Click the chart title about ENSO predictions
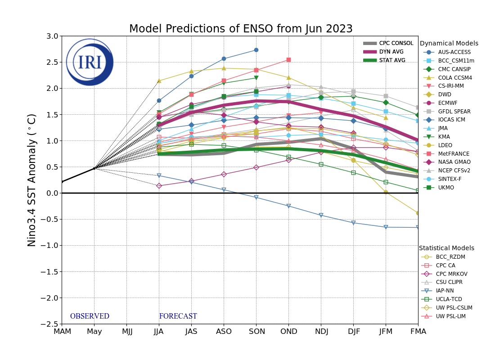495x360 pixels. click(x=241, y=29)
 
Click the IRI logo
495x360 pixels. click(x=90, y=62)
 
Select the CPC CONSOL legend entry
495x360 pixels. click(x=396, y=43)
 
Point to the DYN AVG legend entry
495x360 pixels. click(x=391, y=52)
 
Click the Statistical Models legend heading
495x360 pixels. click(x=446, y=248)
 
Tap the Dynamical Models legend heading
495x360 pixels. click(x=449, y=44)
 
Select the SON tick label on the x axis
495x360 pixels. click(x=256, y=332)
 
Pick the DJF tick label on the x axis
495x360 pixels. click(x=353, y=332)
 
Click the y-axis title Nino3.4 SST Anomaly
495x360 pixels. click(x=32, y=180)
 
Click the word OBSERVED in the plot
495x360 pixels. click(x=90, y=316)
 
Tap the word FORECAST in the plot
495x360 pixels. click(x=178, y=316)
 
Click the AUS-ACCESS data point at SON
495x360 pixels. click(x=256, y=50)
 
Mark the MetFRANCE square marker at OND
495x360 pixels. click(x=288, y=60)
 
